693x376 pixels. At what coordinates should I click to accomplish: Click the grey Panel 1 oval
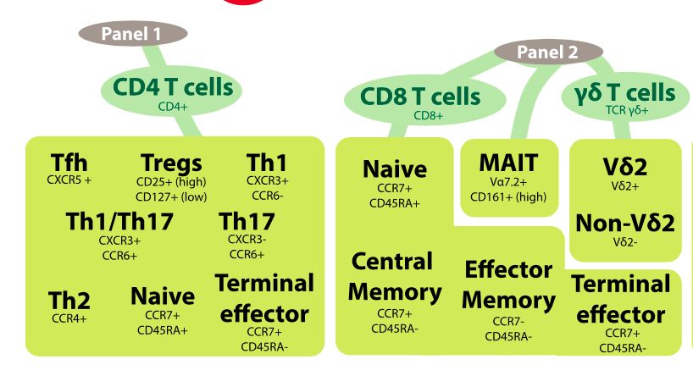click(131, 34)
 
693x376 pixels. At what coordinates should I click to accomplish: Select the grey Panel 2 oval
click(548, 53)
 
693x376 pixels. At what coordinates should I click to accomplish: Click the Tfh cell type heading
click(69, 162)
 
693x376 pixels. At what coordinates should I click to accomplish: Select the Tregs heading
click(171, 163)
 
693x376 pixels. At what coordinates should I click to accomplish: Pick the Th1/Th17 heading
click(119, 222)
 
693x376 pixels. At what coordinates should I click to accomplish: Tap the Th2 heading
click(69, 301)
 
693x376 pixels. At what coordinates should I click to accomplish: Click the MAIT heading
click(508, 162)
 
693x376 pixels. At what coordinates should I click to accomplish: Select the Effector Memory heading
click(508, 285)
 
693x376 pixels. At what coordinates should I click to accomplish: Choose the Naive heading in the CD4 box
click(162, 296)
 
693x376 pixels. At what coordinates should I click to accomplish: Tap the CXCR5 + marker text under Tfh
click(69, 180)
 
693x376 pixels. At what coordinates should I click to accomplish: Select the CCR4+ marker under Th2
click(69, 318)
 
